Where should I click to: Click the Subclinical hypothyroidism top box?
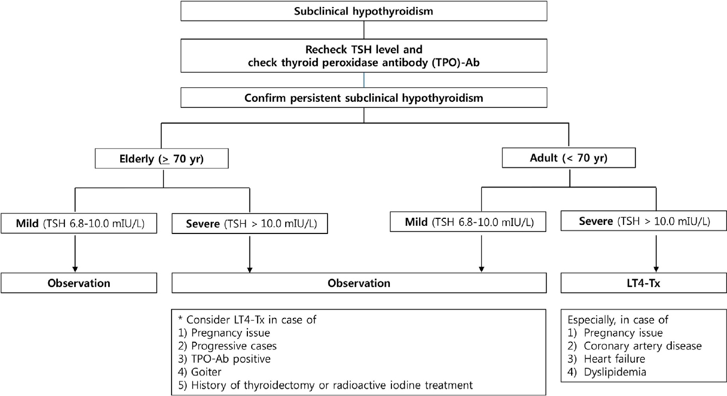[x=364, y=11]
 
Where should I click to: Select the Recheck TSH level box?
[x=364, y=56]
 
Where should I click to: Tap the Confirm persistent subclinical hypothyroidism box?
[x=364, y=98]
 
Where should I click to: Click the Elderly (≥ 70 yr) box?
[x=162, y=159]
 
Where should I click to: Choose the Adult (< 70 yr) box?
[x=568, y=158]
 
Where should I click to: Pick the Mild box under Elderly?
[x=79, y=223]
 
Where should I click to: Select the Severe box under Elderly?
[x=250, y=224]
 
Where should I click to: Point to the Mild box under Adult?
[x=468, y=222]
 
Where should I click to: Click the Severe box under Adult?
[x=644, y=221]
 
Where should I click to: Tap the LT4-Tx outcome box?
[x=644, y=283]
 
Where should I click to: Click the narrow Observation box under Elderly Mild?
[x=79, y=283]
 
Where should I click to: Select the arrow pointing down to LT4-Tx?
[x=656, y=254]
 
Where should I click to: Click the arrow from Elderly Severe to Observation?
[x=250, y=255]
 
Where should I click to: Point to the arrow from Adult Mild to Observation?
[x=481, y=254]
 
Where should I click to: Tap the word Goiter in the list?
[x=206, y=372]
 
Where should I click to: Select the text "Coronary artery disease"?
[x=643, y=346]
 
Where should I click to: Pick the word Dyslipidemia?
[x=615, y=372]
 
